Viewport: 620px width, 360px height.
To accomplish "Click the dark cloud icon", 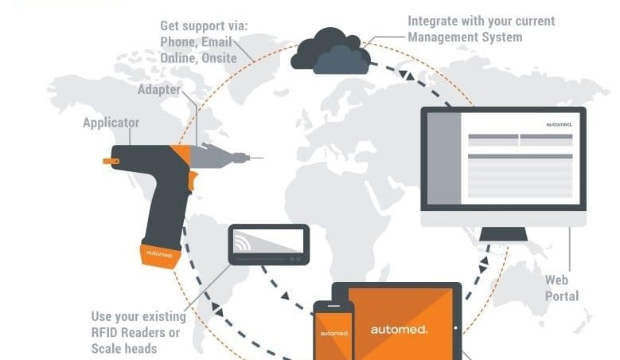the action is (x=330, y=52).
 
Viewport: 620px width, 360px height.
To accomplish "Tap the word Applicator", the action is (x=111, y=123).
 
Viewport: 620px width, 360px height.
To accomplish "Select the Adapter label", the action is (x=159, y=90).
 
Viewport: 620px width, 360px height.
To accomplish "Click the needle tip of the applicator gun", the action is (x=263, y=158).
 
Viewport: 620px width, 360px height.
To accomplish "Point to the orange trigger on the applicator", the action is (x=193, y=180).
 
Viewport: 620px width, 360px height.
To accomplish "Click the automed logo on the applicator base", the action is (x=159, y=253).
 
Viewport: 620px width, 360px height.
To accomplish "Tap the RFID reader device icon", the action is (x=269, y=245).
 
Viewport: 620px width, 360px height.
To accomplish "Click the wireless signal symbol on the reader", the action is (x=242, y=241).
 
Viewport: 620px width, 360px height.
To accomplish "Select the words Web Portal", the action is (x=562, y=288).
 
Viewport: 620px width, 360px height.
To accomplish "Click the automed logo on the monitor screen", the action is (x=559, y=124).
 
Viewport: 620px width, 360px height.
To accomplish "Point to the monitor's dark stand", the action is (x=503, y=234).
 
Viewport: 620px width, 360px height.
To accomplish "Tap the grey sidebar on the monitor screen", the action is (x=444, y=158).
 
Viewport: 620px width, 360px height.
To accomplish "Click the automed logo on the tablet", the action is (x=399, y=330).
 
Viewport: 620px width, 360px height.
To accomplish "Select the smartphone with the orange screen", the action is (x=333, y=331).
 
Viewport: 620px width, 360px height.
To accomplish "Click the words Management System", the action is (x=465, y=37).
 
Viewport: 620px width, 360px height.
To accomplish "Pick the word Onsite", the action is (x=219, y=58).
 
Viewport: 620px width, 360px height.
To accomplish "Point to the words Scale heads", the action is (x=124, y=349).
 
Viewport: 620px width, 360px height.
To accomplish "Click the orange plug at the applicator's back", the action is (x=111, y=161).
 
